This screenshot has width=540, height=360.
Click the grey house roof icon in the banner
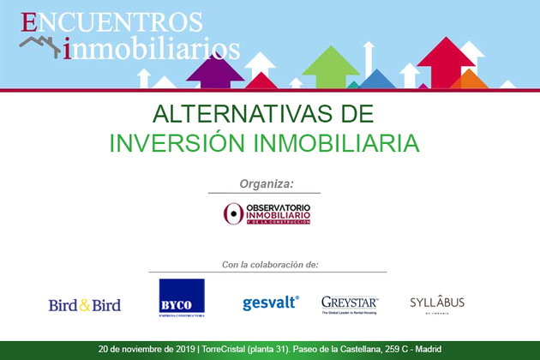pos(41,45)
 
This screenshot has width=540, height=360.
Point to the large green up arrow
pos(331,66)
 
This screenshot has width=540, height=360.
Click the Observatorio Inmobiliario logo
pos(267,213)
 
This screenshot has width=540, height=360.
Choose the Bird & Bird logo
pos(84,305)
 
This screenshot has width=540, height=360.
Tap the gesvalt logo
pos(270,303)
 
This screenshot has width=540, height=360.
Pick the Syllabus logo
pos(437,304)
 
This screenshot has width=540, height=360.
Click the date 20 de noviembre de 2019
pos(147,350)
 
